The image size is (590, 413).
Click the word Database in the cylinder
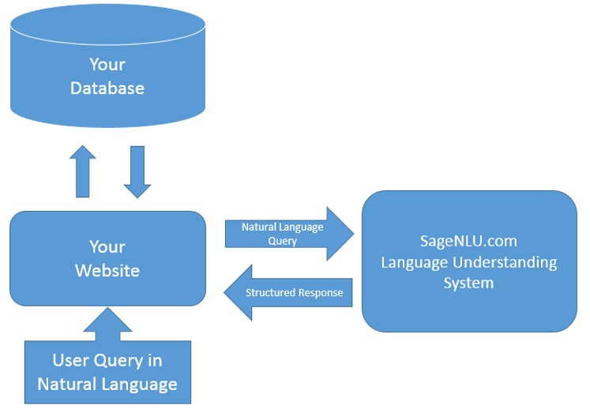pyautogui.click(x=107, y=88)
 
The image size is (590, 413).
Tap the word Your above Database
pyautogui.click(x=107, y=64)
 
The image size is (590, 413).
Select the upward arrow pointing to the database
pyautogui.click(x=83, y=171)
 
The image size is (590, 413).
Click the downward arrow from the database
pyautogui.click(x=137, y=172)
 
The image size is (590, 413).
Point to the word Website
pyautogui.click(x=107, y=270)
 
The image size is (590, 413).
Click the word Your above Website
pyautogui.click(x=107, y=246)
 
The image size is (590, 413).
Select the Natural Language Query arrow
pyautogui.click(x=289, y=234)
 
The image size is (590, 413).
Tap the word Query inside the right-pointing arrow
pyautogui.click(x=282, y=241)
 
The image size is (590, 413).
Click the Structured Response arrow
pyautogui.click(x=288, y=293)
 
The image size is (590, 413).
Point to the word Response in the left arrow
pyautogui.click(x=319, y=293)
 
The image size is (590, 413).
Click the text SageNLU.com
pyautogui.click(x=468, y=241)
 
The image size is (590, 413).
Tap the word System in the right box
pyautogui.click(x=468, y=283)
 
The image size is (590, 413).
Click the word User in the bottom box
pyautogui.click(x=71, y=360)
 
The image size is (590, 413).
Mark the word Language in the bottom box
pyautogui.click(x=139, y=385)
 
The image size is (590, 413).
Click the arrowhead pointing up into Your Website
pyautogui.click(x=107, y=320)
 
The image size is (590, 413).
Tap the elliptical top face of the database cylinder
pyautogui.click(x=107, y=24)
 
